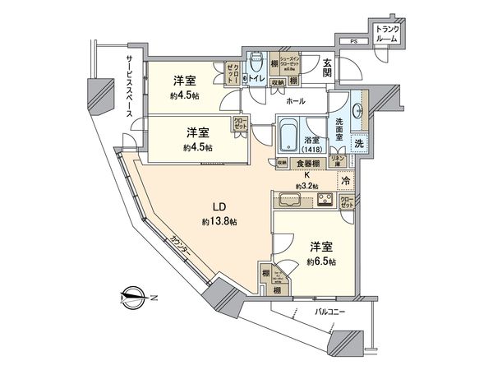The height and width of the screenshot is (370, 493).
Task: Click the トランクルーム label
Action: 386,35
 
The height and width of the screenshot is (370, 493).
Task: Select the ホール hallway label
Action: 296,101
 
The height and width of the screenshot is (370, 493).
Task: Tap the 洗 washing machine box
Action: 360,143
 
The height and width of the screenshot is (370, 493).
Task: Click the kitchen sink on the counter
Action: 290,200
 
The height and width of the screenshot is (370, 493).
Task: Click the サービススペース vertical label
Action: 130,87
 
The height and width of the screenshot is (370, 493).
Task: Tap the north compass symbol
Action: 133,294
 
